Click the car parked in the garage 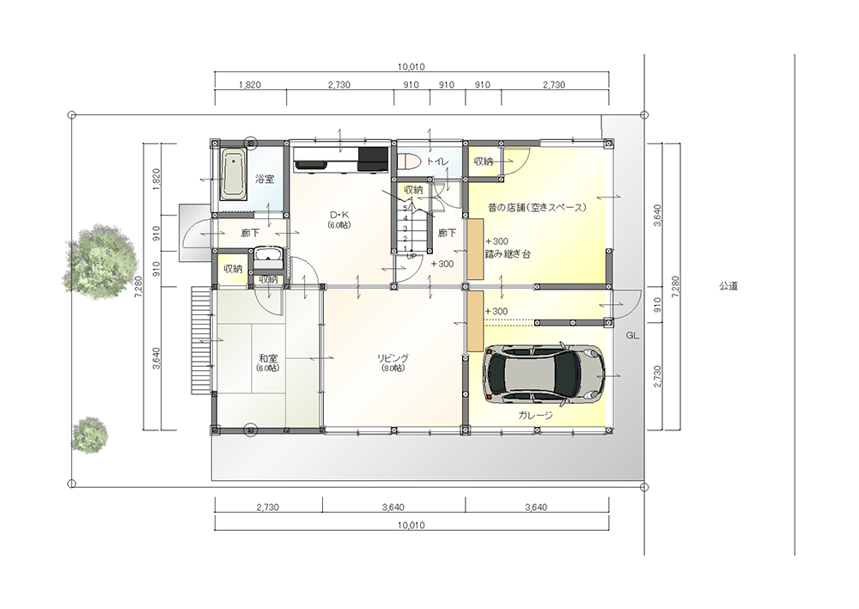coord(544,374)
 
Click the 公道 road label coord(728,286)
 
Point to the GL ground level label coord(632,336)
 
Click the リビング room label coord(393,358)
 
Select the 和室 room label coord(268,358)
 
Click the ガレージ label coord(535,415)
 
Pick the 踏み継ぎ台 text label coord(508,254)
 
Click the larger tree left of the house coord(101,259)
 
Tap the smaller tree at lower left coord(89,435)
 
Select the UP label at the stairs coord(411,256)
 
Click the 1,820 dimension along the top coord(250,85)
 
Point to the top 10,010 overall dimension coord(411,67)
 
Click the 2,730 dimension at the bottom coord(267,507)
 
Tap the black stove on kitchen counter coord(373,159)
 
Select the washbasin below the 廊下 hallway coord(267,258)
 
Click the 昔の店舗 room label coord(538,208)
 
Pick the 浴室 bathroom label coord(265,179)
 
